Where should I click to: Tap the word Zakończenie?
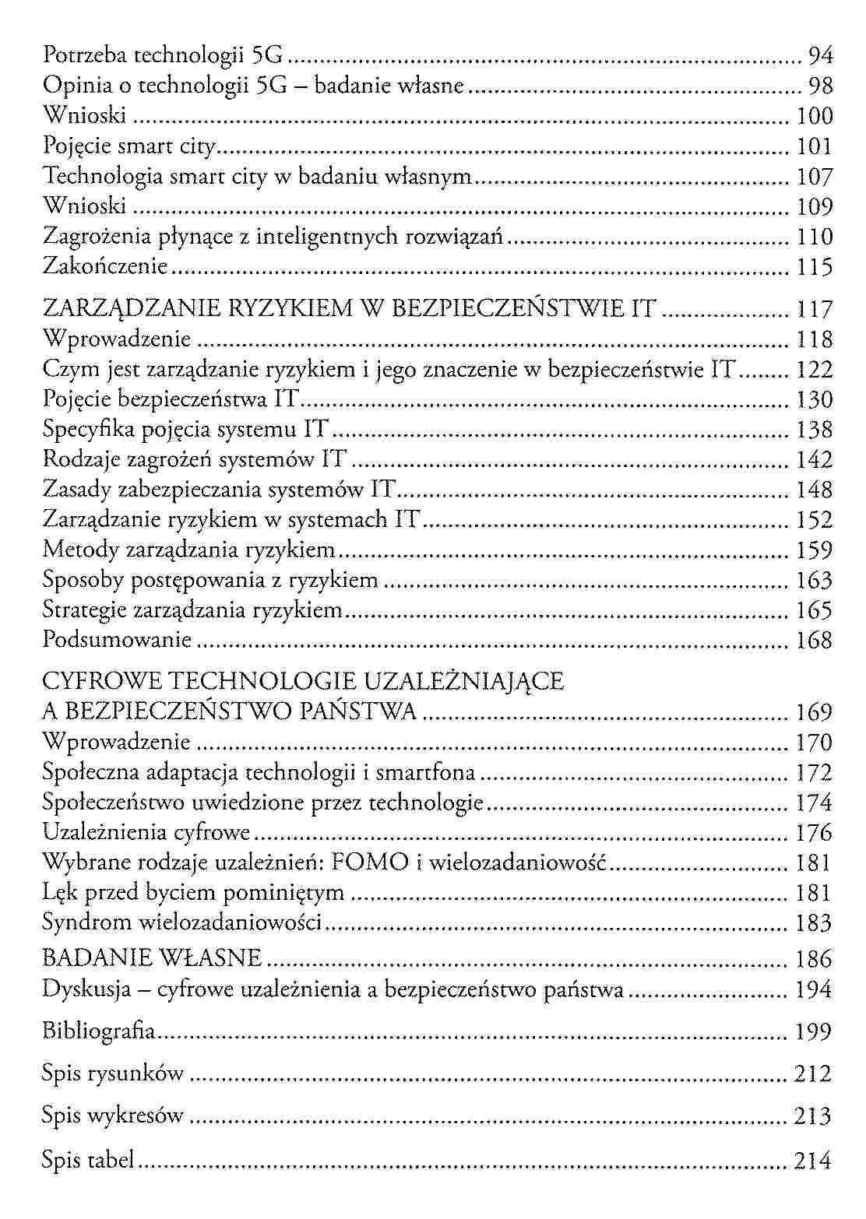point(105,267)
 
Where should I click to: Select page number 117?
point(815,310)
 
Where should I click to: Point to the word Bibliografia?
point(99,1032)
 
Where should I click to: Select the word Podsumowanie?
point(117,640)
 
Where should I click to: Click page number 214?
point(813,1161)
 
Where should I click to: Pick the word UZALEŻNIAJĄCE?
point(464,682)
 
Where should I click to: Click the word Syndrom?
point(87,922)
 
